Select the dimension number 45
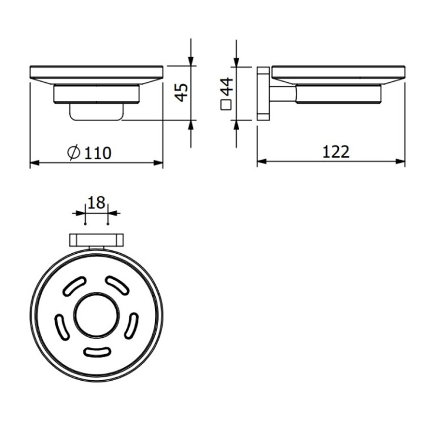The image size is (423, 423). [x=182, y=92]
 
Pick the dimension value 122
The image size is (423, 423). [x=336, y=152]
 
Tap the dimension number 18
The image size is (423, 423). [x=96, y=203]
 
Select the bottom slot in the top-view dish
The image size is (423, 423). [x=98, y=352]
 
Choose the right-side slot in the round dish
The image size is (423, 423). [x=133, y=325]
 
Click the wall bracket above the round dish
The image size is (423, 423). [x=97, y=240]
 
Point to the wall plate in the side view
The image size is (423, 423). [x=263, y=94]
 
